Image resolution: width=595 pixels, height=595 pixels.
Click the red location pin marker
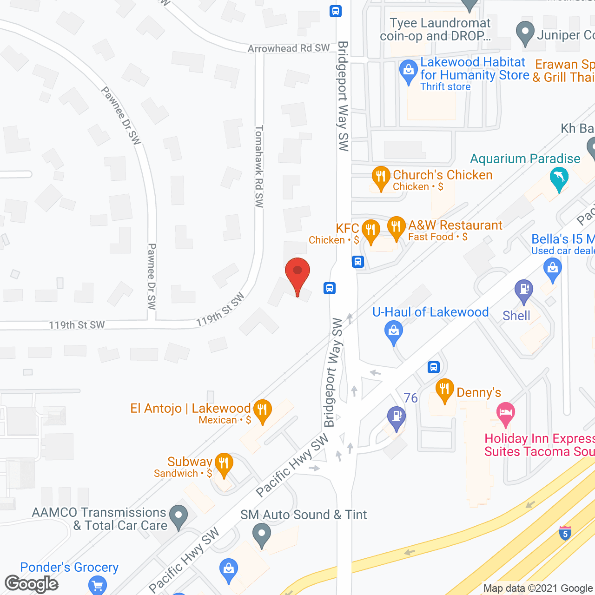point(297,272)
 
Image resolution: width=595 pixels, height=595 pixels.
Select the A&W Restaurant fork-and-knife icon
point(396,226)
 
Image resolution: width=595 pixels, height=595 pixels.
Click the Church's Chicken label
point(442,175)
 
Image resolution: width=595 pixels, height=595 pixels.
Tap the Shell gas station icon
point(524,290)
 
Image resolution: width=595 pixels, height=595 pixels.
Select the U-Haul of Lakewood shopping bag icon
point(394,331)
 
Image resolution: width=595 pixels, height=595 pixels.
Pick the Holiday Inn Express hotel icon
point(506,412)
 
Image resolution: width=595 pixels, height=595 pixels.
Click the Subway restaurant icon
point(224,463)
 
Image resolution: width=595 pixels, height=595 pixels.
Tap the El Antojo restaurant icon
point(263,410)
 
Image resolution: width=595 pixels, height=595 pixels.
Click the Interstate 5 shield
point(565,533)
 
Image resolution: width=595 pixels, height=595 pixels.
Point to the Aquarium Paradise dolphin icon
point(559,178)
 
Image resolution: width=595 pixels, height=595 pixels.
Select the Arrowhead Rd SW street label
point(289,48)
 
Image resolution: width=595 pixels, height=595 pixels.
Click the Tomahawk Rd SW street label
point(259,166)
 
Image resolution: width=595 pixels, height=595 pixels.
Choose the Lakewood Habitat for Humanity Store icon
point(409,71)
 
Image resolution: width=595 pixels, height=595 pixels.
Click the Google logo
point(32,584)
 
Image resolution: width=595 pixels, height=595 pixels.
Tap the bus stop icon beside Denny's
point(434,367)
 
